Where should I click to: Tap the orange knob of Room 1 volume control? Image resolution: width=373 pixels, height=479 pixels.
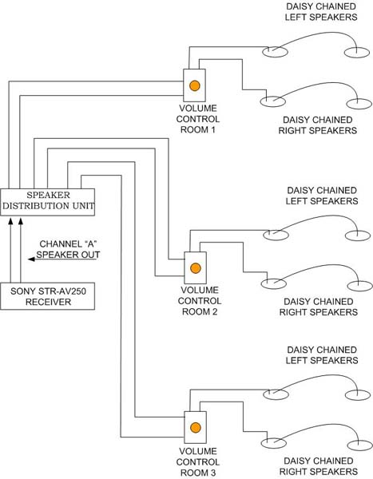194,85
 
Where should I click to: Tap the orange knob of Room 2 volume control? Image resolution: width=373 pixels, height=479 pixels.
196,268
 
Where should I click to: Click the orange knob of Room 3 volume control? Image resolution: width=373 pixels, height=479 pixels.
196,427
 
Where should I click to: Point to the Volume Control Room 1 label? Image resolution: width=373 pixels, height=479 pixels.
198,119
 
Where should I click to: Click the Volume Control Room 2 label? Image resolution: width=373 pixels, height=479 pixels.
200,301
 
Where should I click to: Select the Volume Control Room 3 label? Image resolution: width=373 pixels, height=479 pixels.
198,462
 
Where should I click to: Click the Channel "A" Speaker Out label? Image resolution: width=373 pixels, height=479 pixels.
68,249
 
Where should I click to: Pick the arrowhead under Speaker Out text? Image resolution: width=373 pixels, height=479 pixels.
31,259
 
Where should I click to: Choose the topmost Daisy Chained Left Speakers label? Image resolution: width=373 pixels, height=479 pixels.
321,12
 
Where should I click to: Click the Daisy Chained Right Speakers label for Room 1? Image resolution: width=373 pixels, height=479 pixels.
318,125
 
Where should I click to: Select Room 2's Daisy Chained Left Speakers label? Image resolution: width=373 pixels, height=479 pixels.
322,196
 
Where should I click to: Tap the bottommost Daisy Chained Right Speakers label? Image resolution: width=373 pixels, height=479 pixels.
319,466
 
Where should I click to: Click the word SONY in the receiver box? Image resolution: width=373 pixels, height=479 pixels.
21,291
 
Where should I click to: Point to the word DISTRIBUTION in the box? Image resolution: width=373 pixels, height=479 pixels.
36,206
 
